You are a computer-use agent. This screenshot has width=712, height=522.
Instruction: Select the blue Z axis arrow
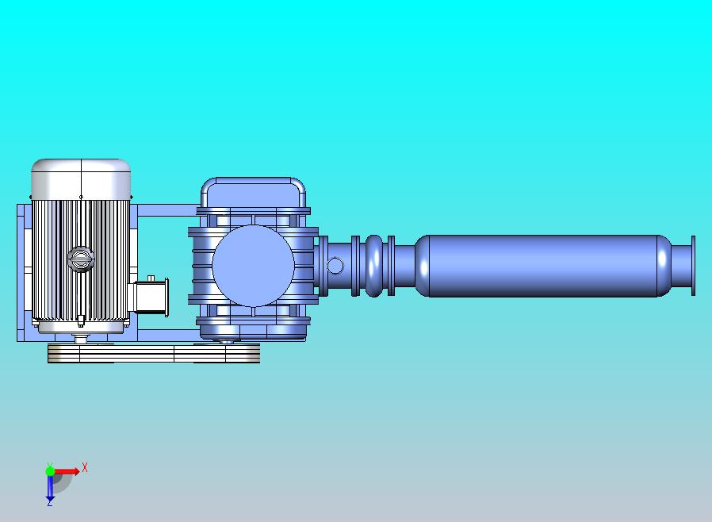[50, 487]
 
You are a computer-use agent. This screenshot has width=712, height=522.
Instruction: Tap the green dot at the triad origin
[50, 471]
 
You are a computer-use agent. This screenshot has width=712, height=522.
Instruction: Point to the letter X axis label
[85, 467]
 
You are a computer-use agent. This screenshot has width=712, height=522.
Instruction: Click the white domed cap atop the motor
[81, 179]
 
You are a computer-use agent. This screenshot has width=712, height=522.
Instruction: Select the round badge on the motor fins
[80, 259]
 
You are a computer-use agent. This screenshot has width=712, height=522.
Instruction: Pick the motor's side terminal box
[151, 297]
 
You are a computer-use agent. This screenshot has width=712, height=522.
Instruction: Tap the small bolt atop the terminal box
[151, 278]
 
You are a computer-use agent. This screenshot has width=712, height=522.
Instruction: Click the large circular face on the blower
[253, 266]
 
